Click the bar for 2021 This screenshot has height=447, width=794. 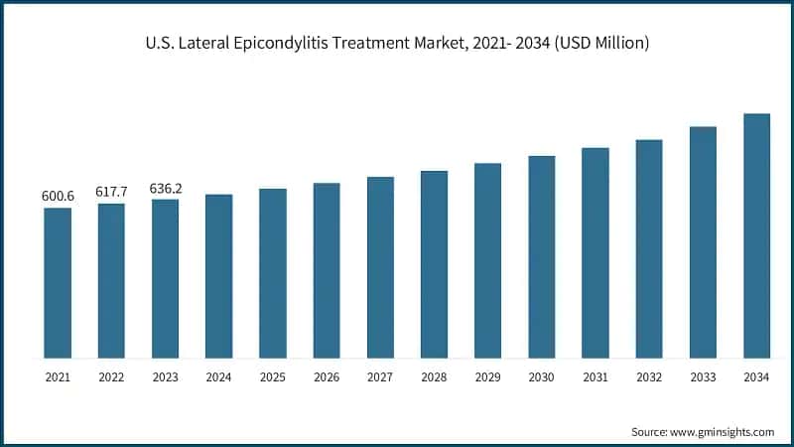(58, 283)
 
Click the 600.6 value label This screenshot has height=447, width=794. (58, 197)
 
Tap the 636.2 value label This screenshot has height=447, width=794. (165, 188)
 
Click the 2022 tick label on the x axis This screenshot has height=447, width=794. (111, 377)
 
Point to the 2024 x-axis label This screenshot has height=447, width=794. (218, 377)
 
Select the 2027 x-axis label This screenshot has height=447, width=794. (380, 377)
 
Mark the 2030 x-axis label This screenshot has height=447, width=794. (541, 377)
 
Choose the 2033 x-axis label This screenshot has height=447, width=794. (703, 377)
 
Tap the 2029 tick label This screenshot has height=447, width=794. (487, 377)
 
